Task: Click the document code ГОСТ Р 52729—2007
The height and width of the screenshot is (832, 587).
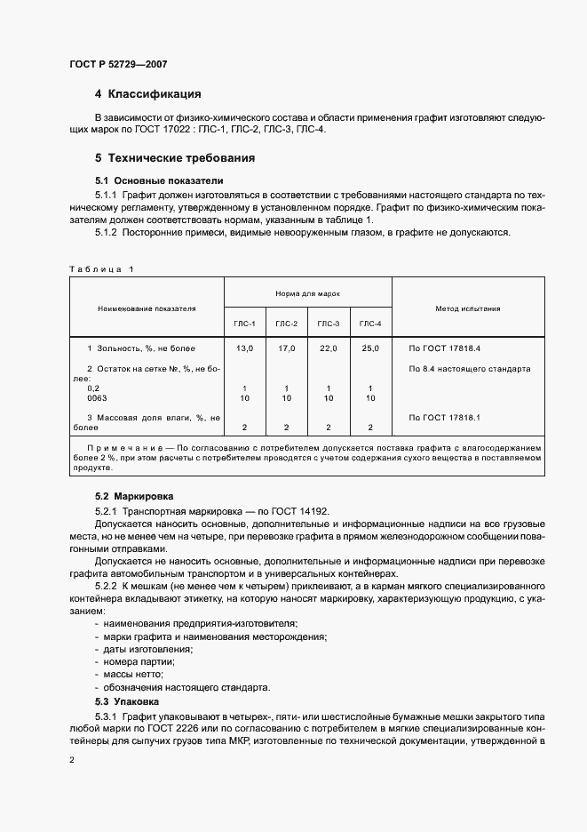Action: point(117,64)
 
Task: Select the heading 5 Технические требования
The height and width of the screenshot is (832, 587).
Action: point(175,158)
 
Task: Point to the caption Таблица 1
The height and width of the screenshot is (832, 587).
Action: point(100,268)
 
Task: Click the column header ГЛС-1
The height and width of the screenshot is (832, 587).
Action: point(245,324)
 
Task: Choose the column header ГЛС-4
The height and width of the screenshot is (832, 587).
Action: point(369,324)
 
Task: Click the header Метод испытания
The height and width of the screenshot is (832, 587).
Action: point(467,308)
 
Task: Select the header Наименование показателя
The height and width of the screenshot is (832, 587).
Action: point(147,308)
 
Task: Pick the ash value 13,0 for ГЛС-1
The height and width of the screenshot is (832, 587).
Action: point(245,348)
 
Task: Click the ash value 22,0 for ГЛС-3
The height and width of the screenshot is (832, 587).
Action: point(328,348)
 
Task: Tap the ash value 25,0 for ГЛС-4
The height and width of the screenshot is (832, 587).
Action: point(369,348)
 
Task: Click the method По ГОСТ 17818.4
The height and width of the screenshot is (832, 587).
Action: point(444,348)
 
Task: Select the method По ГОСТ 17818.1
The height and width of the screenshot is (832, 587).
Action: point(444,416)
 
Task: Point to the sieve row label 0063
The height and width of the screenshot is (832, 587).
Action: point(97,398)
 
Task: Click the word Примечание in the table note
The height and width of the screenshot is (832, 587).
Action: point(118,447)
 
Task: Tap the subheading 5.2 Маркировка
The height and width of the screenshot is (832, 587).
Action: point(134,495)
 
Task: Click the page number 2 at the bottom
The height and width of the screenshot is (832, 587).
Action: point(72,759)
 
